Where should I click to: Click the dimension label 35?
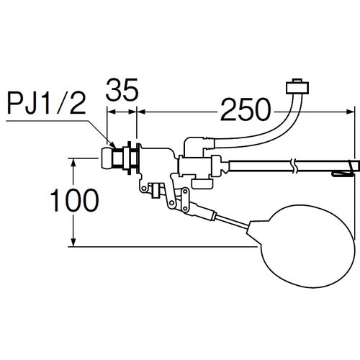tap(122, 89)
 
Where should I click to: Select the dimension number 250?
tap(246, 109)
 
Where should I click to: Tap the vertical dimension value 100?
tap(74, 200)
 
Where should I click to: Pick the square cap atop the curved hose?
tap(297, 86)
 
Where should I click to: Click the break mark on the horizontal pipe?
tap(294, 166)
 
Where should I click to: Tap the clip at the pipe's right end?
tap(343, 169)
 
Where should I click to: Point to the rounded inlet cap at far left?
tap(107, 158)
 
